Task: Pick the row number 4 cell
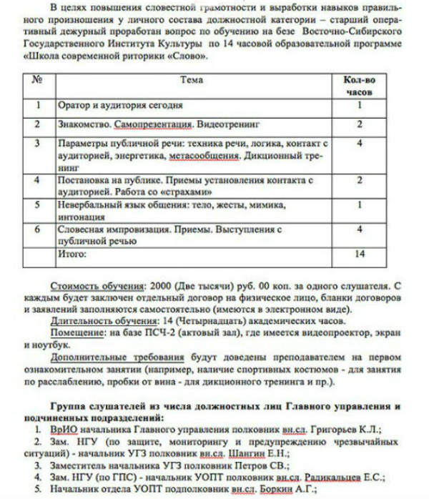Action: coord(36,180)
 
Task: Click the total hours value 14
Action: coord(360,252)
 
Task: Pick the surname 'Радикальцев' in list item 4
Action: coord(332,475)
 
